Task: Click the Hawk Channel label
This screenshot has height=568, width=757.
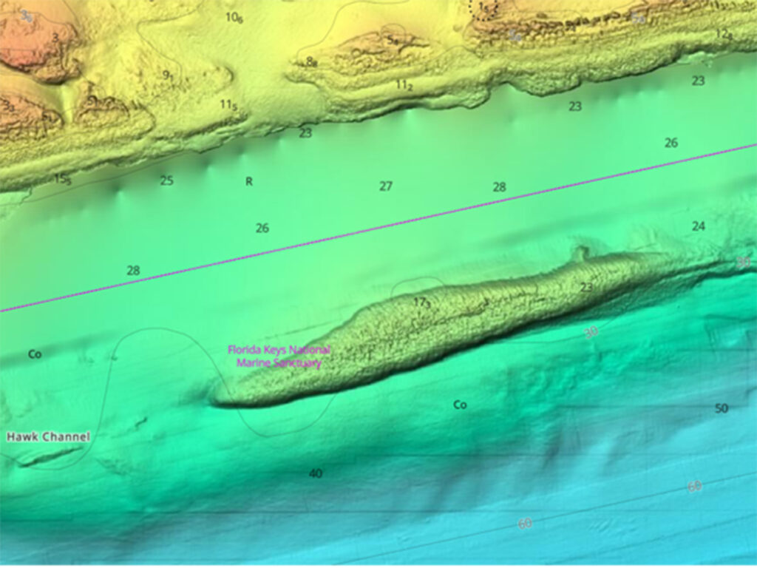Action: (x=48, y=437)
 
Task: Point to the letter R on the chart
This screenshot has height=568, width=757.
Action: (x=249, y=181)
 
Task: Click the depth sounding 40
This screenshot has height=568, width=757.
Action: (x=316, y=473)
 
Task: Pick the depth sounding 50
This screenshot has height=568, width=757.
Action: (x=722, y=408)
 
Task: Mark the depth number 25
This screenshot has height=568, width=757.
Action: (x=166, y=180)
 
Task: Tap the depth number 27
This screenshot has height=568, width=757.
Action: (x=386, y=186)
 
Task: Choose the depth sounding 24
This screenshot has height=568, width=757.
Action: (x=698, y=226)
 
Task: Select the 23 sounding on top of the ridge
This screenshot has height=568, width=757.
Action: (x=587, y=287)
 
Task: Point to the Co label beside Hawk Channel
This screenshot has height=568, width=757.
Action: (x=35, y=354)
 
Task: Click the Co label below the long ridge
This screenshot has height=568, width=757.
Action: (x=460, y=405)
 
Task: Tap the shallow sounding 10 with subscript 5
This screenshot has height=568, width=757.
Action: (x=234, y=18)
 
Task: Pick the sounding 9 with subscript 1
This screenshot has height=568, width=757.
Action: (x=168, y=75)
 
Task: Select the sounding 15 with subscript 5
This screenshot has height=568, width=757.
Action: (x=63, y=179)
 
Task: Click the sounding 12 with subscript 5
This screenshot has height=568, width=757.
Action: (x=723, y=33)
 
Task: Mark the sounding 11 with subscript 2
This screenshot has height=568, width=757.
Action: (x=404, y=85)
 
